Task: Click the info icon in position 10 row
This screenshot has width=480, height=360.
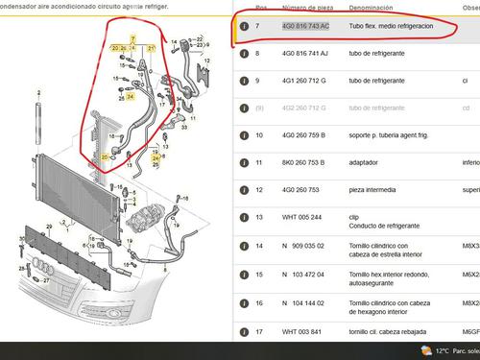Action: coord(245,136)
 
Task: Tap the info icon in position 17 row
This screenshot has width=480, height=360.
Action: coord(245,332)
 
